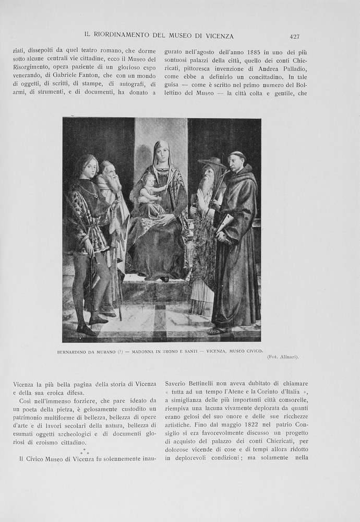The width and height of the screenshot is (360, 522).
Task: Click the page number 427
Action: [294, 37]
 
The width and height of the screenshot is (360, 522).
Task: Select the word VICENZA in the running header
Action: [220, 36]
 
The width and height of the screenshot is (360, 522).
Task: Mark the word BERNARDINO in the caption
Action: [74, 351]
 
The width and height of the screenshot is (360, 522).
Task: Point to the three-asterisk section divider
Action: [84, 450]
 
